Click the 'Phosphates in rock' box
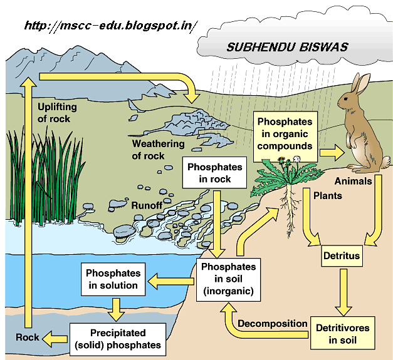[214, 173]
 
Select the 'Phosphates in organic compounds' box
[285, 134]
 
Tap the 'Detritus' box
[341, 256]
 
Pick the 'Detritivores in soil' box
[342, 334]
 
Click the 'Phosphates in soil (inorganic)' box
[228, 279]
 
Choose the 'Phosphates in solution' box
[112, 279]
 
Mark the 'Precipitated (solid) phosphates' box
[118, 339]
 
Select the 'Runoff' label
[147, 205]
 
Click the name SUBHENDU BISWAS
[287, 47]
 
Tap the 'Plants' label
[327, 196]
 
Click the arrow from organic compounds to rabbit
[332, 152]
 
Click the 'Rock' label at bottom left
[27, 337]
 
